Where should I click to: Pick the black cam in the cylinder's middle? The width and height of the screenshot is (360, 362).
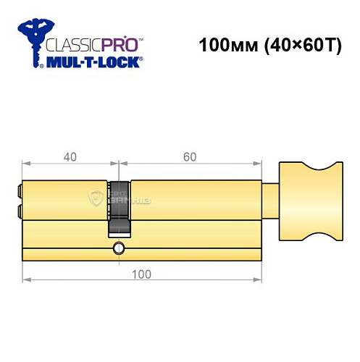pyautogui.click(x=120, y=207)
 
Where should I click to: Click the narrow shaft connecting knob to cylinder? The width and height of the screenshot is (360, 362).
pyautogui.click(x=269, y=197)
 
